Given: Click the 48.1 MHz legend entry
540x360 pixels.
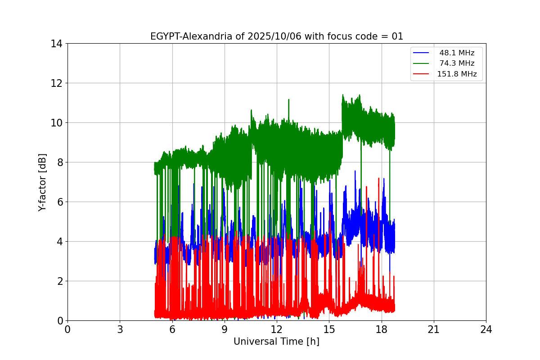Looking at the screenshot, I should coord(457,53).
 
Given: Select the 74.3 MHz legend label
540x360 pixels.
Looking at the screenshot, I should coord(457,63).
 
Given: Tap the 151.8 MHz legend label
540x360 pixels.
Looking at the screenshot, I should coord(457,74).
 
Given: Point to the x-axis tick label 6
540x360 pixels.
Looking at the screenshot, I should coord(172,329).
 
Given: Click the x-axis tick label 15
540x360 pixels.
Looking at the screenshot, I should coord(329,329).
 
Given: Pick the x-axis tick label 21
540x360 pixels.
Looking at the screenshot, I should coord(434,329).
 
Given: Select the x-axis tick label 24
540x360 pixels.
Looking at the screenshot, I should coord(486,329).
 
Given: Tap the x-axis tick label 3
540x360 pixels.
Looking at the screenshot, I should coord(120,329).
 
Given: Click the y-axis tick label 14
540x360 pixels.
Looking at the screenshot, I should coord(57,44).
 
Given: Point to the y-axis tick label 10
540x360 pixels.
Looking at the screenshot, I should coord(57,123).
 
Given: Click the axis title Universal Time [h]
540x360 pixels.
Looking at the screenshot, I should coord(276,342).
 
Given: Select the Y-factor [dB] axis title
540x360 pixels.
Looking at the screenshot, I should coord(42,182).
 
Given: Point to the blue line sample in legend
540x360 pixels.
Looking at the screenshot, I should coord(422,53).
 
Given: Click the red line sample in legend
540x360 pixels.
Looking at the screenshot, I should coord(422,74).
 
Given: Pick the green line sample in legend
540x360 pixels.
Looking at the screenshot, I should coord(422,63).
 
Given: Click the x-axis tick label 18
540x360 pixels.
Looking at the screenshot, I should coord(382,329).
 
